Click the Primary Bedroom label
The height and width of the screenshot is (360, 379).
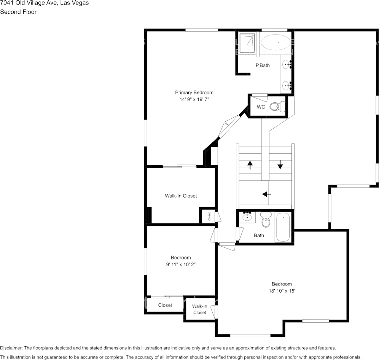point(194,92)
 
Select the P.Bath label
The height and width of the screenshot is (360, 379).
point(262,65)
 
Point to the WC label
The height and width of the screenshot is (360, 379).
point(261,107)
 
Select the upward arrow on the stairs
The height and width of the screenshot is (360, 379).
point(250,165)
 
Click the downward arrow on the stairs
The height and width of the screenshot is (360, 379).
point(280,164)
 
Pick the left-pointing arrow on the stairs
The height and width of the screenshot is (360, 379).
point(267,194)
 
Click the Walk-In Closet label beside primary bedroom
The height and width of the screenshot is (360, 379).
point(181,196)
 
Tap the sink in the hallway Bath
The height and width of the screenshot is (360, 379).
point(247,217)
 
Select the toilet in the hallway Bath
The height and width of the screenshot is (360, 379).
point(266,220)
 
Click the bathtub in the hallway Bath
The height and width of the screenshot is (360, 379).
point(283,227)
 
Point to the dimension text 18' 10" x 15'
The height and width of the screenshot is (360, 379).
point(282,291)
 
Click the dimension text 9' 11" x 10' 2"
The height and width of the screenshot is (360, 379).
point(181,264)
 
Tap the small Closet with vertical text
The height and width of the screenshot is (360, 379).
point(209,217)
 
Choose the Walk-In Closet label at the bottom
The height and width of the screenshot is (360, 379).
point(199,309)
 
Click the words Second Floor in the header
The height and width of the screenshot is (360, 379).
point(18,12)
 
